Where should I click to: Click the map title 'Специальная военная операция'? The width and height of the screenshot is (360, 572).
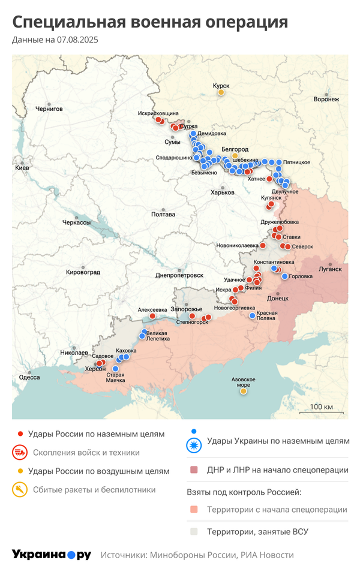pyautogui.click(x=150, y=22)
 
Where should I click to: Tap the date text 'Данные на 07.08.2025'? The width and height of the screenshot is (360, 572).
pyautogui.click(x=55, y=40)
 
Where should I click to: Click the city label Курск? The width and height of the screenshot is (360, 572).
pyautogui.click(x=221, y=86)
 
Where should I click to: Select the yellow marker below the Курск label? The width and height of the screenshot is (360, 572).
pyautogui.click(x=221, y=92)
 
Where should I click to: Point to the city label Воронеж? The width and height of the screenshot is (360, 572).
pyautogui.click(x=326, y=99)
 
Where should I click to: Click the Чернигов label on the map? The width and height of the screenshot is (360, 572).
pyautogui.click(x=49, y=109)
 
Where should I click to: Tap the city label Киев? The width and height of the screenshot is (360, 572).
pyautogui.click(x=22, y=168)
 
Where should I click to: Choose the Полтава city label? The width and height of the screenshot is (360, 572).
pyautogui.click(x=163, y=214)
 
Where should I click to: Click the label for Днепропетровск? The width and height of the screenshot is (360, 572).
pyautogui.click(x=179, y=275)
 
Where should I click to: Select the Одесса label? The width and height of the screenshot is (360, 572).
pyautogui.click(x=29, y=377)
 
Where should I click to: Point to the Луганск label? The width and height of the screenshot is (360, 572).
pyautogui.click(x=330, y=269)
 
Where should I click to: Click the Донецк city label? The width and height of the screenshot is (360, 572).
pyautogui.click(x=277, y=297)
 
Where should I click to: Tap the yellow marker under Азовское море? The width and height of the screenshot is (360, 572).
pyautogui.click(x=244, y=391)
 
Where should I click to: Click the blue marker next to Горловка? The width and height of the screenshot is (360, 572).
pyautogui.click(x=284, y=276)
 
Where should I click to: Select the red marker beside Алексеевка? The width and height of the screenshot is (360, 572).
pyautogui.click(x=152, y=315)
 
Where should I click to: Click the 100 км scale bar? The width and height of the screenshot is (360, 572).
pyautogui.click(x=321, y=411)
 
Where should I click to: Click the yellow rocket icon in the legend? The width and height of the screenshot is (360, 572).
pyautogui.click(x=20, y=490)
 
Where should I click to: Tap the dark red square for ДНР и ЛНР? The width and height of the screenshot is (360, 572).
pyautogui.click(x=194, y=470)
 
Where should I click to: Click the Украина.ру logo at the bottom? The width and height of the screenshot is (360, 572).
pyautogui.click(x=51, y=555)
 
